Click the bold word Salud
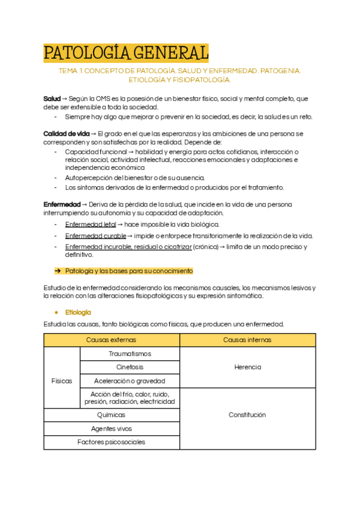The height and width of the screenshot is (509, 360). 52,98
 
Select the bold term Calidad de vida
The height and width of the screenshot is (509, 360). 67,133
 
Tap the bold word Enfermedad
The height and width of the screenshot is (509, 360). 61,204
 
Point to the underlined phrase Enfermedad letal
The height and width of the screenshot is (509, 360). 91,224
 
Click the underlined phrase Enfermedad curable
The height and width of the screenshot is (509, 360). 95,235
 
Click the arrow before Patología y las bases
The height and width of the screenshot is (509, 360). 59,271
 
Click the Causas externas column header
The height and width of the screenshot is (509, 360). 112,340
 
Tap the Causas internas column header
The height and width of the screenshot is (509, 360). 247,340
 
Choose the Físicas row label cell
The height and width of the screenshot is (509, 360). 62,381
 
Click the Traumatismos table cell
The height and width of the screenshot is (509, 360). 130,354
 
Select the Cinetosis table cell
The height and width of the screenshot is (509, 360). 130,367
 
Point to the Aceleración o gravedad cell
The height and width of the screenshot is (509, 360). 130,381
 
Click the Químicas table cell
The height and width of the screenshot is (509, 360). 112,415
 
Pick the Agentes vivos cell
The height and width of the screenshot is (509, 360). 112,429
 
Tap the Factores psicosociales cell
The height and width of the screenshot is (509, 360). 112,442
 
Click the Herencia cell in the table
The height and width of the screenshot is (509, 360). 247,367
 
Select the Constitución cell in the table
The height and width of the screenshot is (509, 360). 247,415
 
